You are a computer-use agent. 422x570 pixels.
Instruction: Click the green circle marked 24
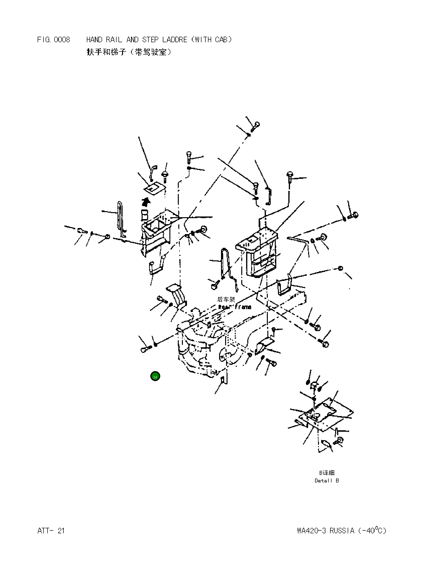pyautogui.click(x=155, y=376)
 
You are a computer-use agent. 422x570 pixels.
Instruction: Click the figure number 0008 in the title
pyautogui.click(x=62, y=40)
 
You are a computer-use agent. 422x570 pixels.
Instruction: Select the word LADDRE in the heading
pyautogui.click(x=175, y=40)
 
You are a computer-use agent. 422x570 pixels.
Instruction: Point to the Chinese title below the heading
pyautogui.click(x=129, y=52)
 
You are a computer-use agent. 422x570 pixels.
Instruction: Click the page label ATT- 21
pyautogui.click(x=51, y=531)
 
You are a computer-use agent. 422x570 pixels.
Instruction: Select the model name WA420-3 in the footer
pyautogui.click(x=311, y=531)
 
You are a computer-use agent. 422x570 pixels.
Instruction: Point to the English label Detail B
pyautogui.click(x=327, y=480)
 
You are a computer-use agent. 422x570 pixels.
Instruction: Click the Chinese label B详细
pyautogui.click(x=327, y=473)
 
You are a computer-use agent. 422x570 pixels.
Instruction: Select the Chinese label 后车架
pyautogui.click(x=226, y=299)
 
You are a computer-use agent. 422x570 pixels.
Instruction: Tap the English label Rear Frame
pyautogui.click(x=235, y=307)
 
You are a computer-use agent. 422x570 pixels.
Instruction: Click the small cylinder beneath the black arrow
pyautogui.click(x=145, y=215)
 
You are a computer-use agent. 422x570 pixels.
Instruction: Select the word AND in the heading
pyautogui.click(x=132, y=40)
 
